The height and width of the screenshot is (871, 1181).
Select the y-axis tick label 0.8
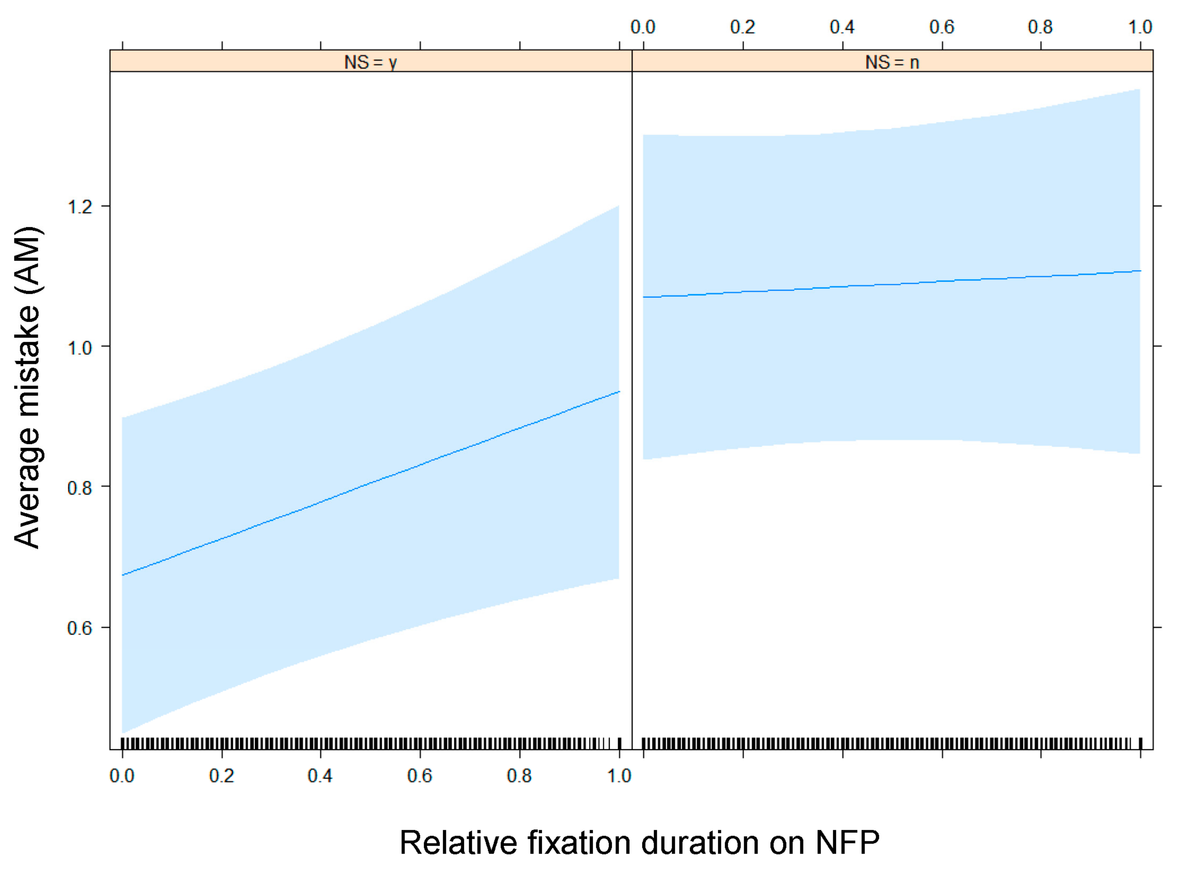tap(80, 488)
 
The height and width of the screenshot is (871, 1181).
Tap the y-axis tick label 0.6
tap(80, 628)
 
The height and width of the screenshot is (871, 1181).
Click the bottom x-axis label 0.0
tap(122, 776)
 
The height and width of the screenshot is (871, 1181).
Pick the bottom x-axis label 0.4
tap(320, 776)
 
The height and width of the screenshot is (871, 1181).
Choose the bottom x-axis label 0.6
tap(420, 776)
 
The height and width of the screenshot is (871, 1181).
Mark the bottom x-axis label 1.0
tap(619, 776)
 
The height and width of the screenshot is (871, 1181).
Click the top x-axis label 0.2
tap(742, 27)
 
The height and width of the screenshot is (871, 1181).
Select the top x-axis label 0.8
tap(1040, 27)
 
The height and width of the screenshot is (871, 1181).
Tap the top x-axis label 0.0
tap(643, 27)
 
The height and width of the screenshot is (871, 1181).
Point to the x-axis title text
tap(639, 843)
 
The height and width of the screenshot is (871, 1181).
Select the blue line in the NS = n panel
tap(891, 284)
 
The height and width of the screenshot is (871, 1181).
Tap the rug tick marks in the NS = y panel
tap(369, 743)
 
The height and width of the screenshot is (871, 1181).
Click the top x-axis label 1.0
tap(1140, 27)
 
